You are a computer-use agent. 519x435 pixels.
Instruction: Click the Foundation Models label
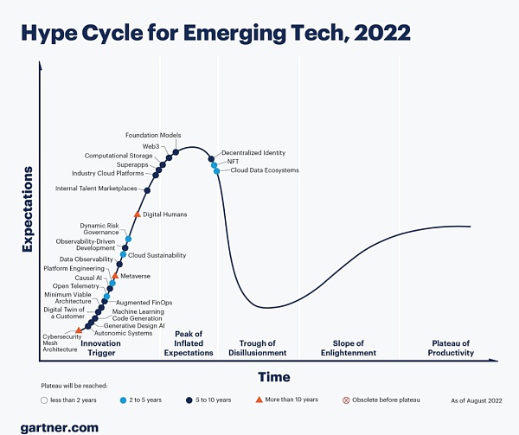tap(153, 136)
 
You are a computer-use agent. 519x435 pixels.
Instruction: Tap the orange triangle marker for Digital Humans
tap(137, 214)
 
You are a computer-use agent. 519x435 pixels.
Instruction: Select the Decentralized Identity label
tap(253, 153)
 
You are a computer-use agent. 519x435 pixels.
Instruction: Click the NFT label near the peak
tap(233, 162)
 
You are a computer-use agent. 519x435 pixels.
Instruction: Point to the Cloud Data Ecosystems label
tap(265, 170)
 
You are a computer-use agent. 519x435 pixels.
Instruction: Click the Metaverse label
tap(135, 276)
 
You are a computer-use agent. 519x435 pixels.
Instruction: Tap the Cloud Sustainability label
tap(157, 255)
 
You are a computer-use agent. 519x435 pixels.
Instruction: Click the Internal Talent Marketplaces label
tap(96, 189)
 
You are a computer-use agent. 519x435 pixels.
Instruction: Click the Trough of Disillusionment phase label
tap(257, 348)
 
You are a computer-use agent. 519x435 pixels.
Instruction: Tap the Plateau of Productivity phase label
tap(452, 348)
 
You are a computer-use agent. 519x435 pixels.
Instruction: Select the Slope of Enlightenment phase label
tap(355, 348)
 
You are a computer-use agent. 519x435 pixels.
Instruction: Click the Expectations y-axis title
tap(27, 209)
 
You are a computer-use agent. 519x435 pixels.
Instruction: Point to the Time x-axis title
tap(274, 376)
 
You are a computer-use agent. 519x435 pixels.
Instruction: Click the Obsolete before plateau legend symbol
tap(347, 400)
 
